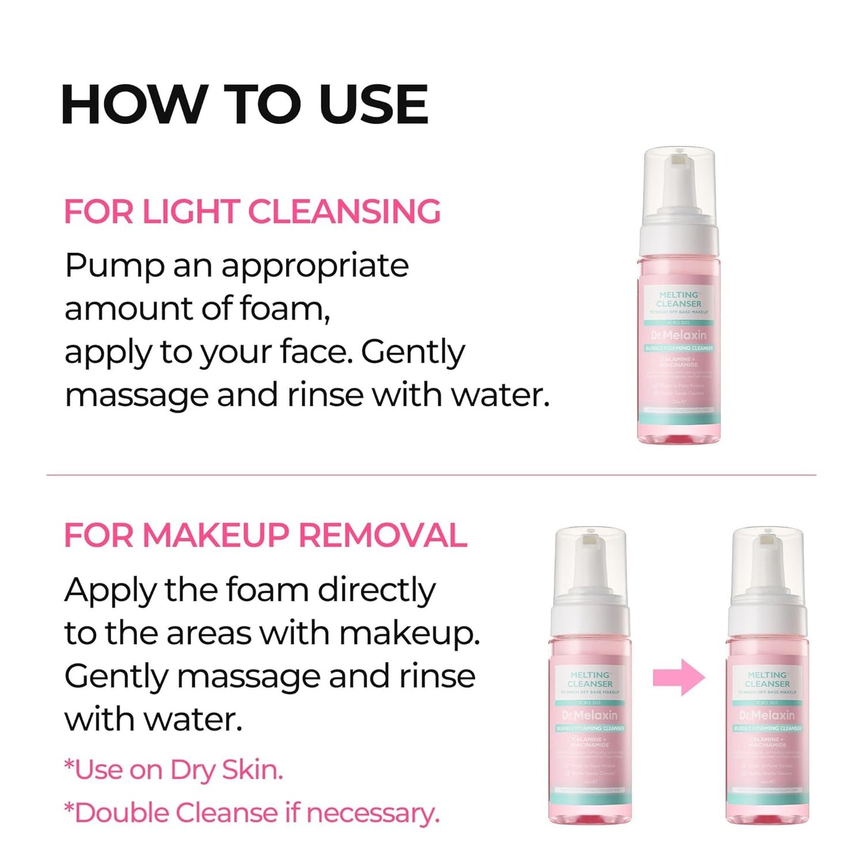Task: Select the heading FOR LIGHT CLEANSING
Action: [x=252, y=212]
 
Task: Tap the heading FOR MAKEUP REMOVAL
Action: [x=265, y=535]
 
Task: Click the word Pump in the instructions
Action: [x=113, y=266]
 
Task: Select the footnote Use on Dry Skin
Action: [x=174, y=770]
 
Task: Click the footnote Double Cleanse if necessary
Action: [x=251, y=813]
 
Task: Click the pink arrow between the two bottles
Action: [x=678, y=677]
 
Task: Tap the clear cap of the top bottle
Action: [x=678, y=179]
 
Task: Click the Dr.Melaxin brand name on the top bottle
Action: [x=678, y=335]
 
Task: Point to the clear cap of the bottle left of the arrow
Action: [x=590, y=558]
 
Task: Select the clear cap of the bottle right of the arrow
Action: [x=767, y=558]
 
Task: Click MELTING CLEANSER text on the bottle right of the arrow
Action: [x=767, y=679]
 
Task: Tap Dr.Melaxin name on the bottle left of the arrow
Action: [x=590, y=715]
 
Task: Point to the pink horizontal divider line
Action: [x=431, y=475]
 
